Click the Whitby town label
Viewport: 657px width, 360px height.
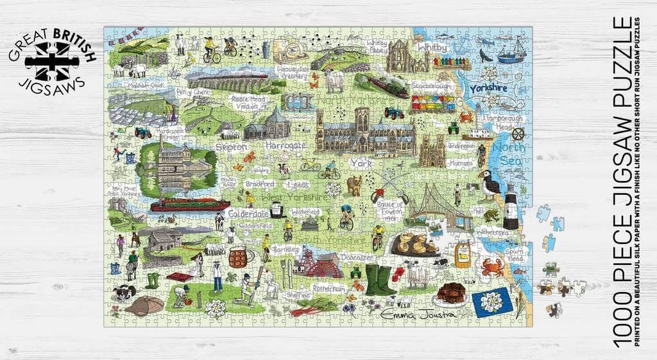point(432,47)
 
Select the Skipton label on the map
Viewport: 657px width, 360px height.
point(232,147)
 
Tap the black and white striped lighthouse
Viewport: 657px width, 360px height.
point(511,205)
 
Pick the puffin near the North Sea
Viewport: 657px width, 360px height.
point(490,184)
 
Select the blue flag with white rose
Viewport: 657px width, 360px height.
point(492,303)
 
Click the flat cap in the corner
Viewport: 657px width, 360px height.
point(144,306)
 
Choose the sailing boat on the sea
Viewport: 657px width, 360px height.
point(511,51)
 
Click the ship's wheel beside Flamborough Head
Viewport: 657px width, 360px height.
point(518,134)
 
